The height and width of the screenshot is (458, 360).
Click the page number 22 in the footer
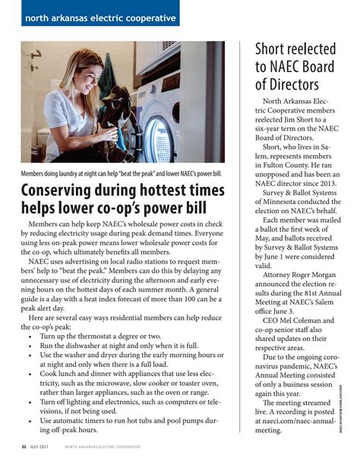(24, 447)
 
